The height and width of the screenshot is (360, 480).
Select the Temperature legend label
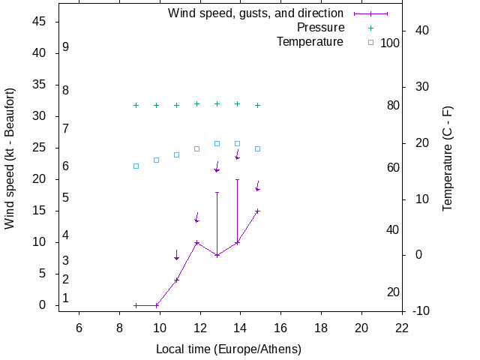point(310,42)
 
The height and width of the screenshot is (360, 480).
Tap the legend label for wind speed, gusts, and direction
point(256,13)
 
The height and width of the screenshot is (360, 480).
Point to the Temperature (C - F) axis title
point(448,158)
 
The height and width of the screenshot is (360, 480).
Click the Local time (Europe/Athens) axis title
point(229,349)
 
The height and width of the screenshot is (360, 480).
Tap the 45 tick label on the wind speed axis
point(40,22)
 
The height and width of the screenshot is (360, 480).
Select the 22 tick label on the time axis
point(403,327)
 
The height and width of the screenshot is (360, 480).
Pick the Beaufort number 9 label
point(66,46)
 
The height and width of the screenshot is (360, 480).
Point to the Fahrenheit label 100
point(390,43)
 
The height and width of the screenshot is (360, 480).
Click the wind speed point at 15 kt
point(257,211)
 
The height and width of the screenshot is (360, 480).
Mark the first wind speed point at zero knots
point(136,305)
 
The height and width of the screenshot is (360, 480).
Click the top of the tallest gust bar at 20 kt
point(237,180)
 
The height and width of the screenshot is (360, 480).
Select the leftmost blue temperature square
point(136,166)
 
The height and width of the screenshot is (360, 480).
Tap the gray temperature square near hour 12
point(196,148)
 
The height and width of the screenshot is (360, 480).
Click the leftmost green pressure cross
point(136,106)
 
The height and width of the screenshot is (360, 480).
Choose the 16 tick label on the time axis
point(281,327)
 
